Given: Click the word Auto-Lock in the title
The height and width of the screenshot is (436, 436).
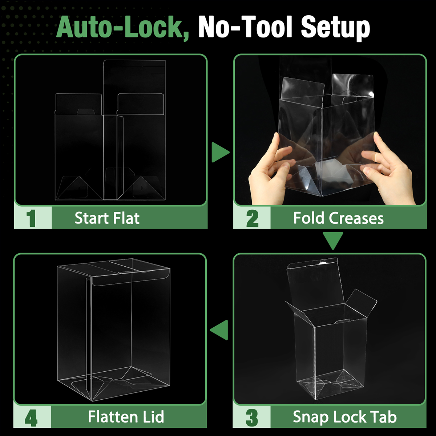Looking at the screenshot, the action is [122, 28].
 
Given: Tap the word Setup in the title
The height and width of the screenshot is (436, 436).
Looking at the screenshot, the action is [336, 29].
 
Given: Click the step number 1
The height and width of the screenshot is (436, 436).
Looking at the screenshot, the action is [31, 218].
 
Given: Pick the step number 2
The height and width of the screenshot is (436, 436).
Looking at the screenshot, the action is [252, 218].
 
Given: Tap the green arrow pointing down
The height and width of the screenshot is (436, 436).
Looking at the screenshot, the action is [333, 241].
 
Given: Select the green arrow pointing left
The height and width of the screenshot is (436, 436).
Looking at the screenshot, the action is [219, 330].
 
